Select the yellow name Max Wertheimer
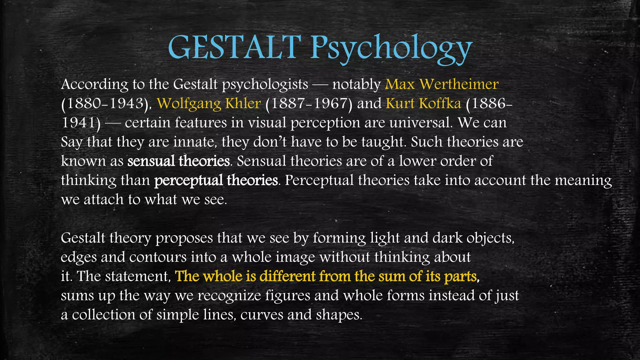(x=442, y=84)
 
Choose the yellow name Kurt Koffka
(x=423, y=103)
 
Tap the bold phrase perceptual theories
(x=216, y=181)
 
